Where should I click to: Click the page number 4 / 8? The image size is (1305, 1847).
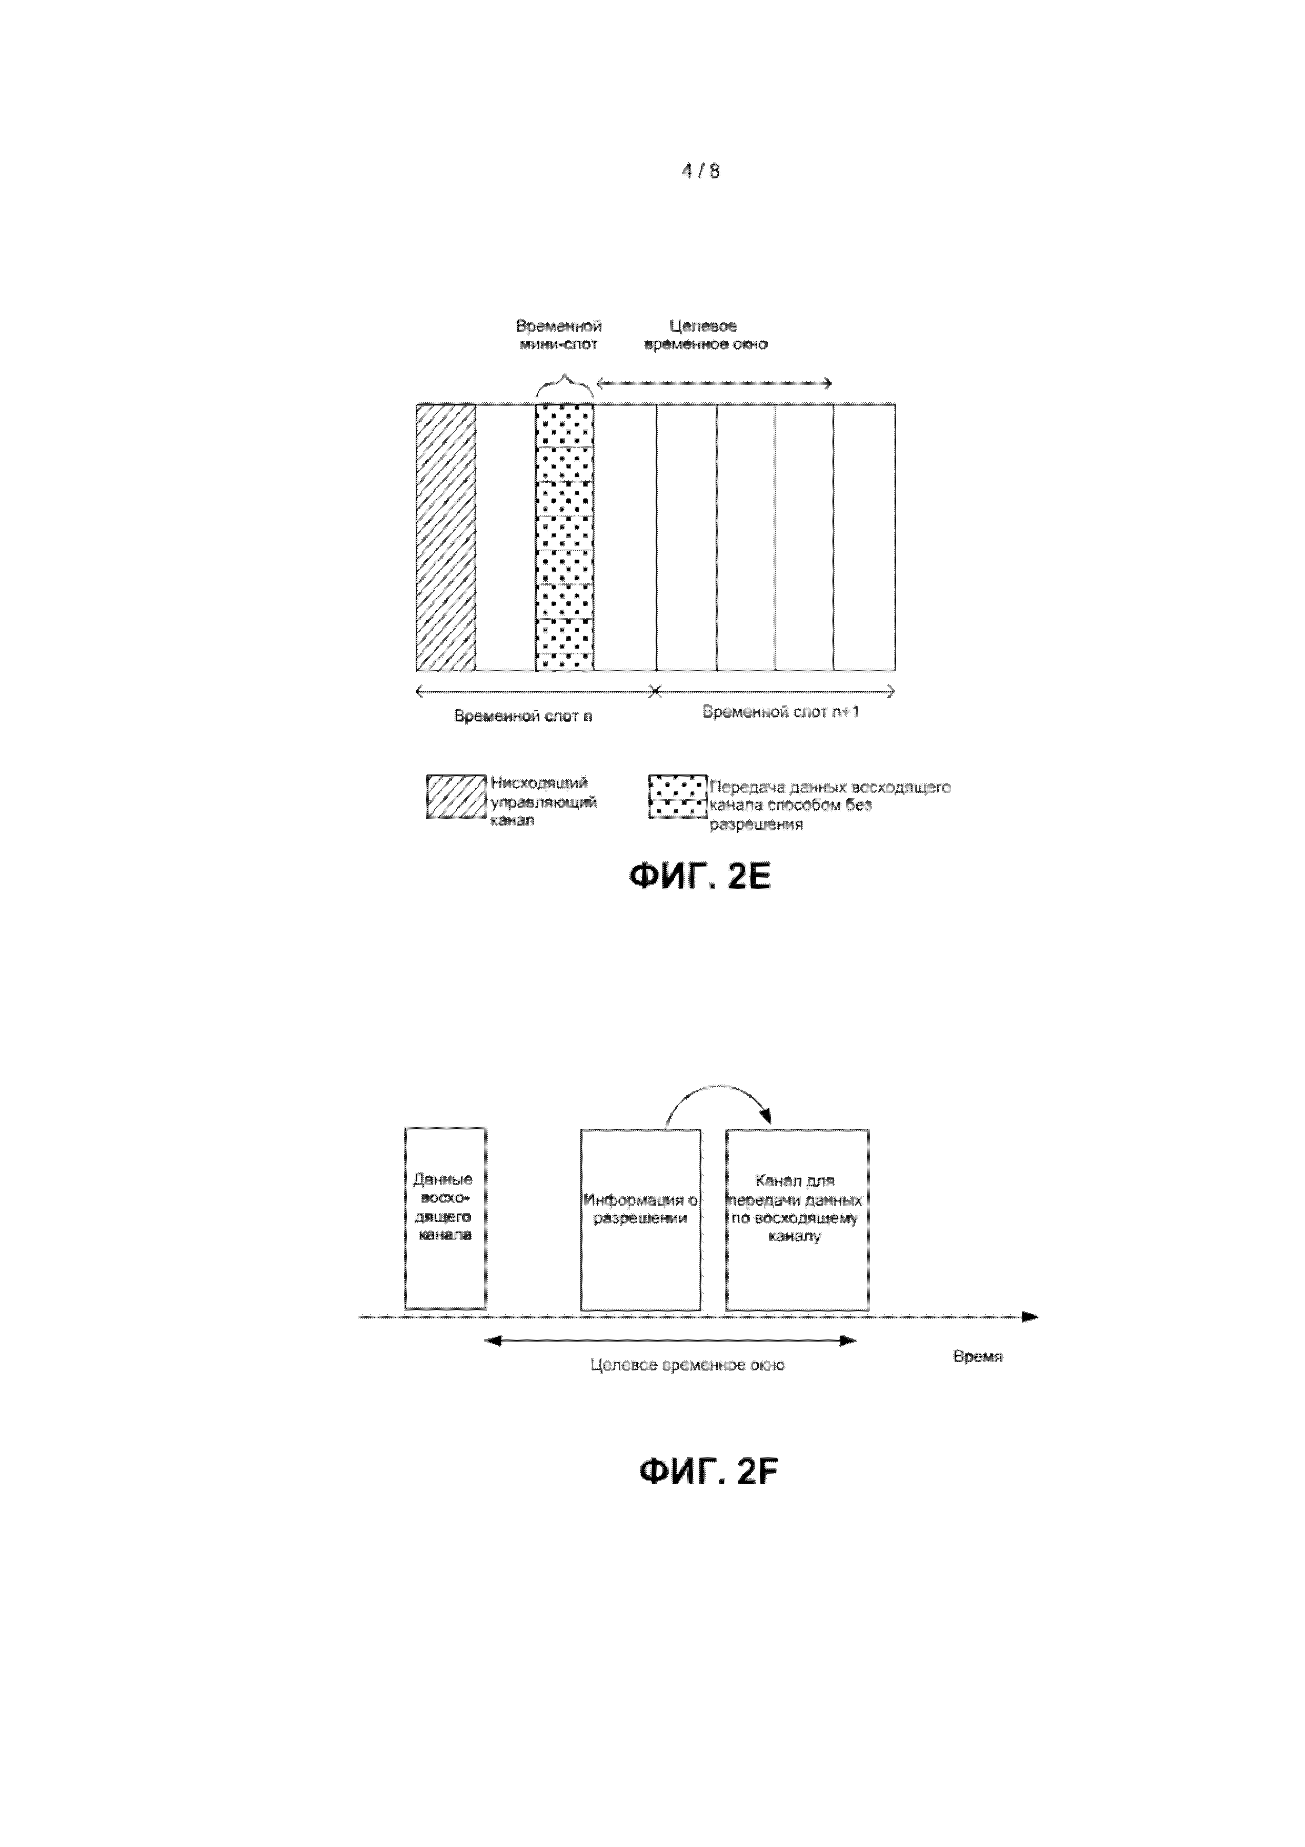click(700, 171)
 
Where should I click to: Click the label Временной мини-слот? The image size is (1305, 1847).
click(559, 335)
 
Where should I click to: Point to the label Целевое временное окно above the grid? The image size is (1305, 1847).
click(705, 335)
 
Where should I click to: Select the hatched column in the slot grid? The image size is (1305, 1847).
click(446, 538)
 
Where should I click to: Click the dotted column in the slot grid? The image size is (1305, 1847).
click(565, 538)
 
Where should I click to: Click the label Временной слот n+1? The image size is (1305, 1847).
click(780, 712)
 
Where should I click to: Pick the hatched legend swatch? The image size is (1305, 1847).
click(456, 797)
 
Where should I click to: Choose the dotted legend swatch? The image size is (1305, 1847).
click(678, 797)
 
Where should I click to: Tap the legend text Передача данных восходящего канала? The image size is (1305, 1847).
click(828, 805)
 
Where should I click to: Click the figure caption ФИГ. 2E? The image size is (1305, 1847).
click(699, 876)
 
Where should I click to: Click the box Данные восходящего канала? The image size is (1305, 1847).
click(445, 1219)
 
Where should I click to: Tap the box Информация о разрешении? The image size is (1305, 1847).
click(640, 1219)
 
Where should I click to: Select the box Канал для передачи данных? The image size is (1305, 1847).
click(796, 1219)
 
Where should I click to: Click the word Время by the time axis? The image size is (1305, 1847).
click(977, 1356)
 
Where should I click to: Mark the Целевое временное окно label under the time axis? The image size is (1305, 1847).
click(687, 1365)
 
